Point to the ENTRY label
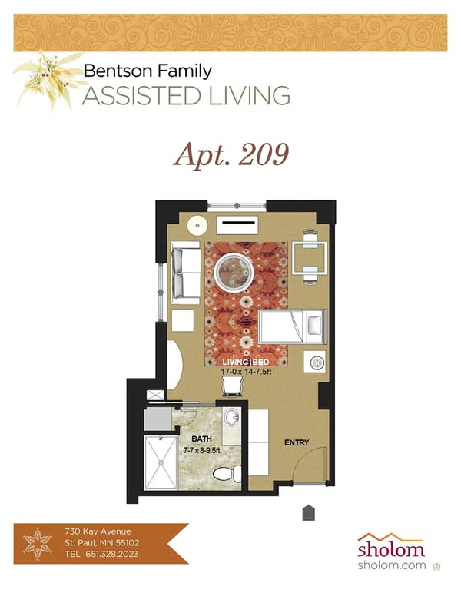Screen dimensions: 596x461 click(x=297, y=443)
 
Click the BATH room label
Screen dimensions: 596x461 click(x=201, y=439)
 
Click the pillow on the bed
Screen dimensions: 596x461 click(x=313, y=326)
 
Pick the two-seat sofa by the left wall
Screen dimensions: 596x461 click(x=184, y=273)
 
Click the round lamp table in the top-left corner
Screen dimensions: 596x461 click(x=198, y=226)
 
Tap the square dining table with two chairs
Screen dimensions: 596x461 click(x=310, y=257)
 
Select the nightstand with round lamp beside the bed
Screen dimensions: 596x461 click(x=314, y=360)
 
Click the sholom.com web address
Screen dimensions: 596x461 click(x=390, y=566)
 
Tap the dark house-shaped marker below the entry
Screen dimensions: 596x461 click(x=308, y=513)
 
